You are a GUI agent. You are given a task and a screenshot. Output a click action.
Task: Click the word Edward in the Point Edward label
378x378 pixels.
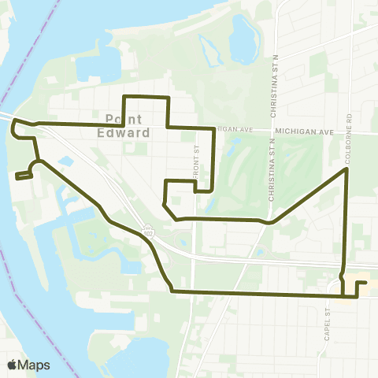tap(127, 133)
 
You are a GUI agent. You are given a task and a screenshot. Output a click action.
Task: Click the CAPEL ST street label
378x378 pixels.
tap(324, 313)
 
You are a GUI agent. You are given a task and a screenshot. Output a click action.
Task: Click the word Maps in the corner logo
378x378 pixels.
tap(35, 365)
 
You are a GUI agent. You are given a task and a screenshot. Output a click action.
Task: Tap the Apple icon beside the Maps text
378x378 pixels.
tap(13, 364)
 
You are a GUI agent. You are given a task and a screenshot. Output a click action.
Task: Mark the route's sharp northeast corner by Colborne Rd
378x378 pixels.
tap(346, 169)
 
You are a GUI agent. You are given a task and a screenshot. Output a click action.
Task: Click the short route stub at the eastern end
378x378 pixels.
tap(361, 283)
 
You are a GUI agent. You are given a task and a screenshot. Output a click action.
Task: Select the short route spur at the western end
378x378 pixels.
tap(22, 176)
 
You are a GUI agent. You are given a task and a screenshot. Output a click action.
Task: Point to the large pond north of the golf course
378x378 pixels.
tap(241, 35)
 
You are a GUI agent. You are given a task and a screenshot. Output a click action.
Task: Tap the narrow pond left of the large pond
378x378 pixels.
tap(210, 52)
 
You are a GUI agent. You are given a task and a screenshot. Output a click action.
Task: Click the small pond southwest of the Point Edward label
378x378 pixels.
tap(65, 161)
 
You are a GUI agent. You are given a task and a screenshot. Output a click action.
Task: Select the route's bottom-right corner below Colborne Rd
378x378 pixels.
tap(343, 296)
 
